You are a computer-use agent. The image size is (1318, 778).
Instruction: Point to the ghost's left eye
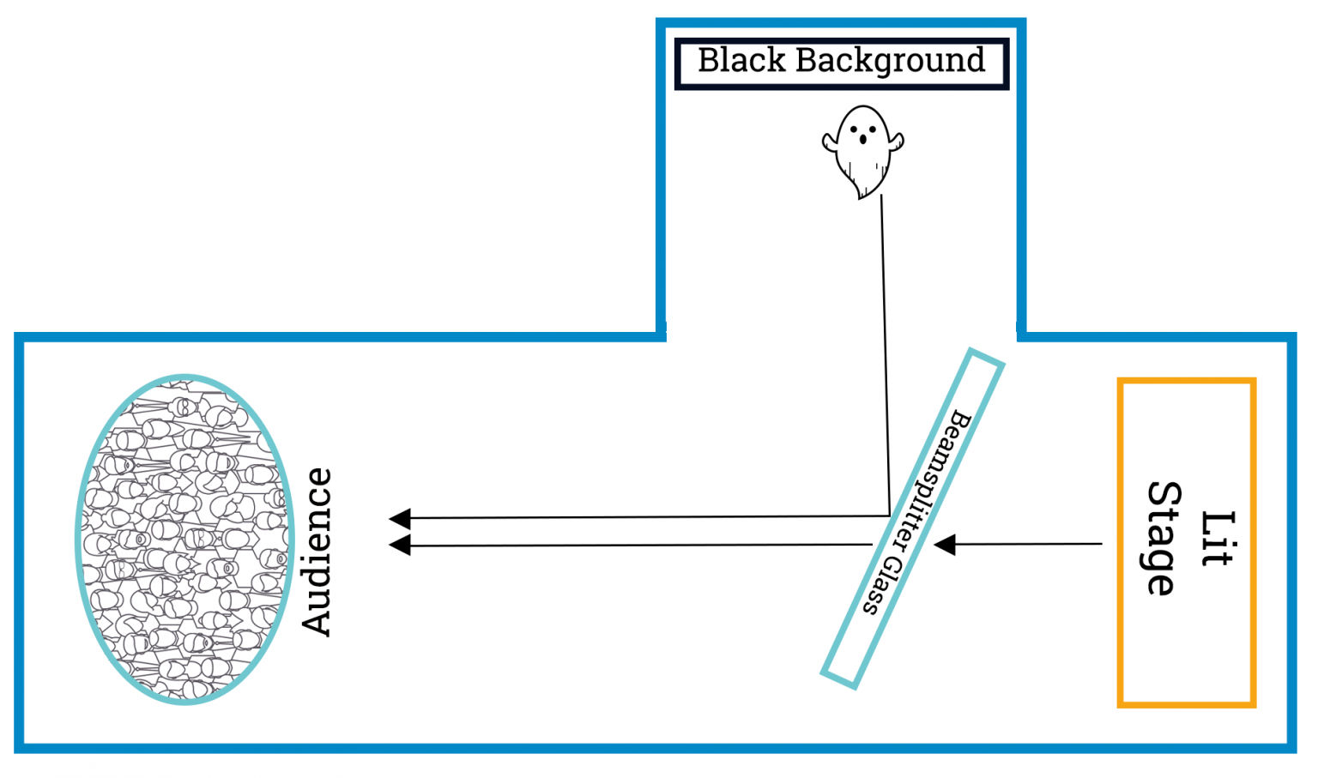click(x=854, y=129)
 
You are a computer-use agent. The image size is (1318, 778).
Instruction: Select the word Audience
click(x=317, y=552)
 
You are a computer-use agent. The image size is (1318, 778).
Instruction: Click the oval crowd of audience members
click(x=185, y=540)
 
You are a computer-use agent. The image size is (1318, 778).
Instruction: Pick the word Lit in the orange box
click(x=1218, y=539)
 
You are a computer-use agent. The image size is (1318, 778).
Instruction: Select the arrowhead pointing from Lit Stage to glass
click(x=945, y=545)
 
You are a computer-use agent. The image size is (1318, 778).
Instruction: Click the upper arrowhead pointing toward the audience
click(x=400, y=518)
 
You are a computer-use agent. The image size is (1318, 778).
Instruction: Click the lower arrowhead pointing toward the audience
click(x=400, y=546)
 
